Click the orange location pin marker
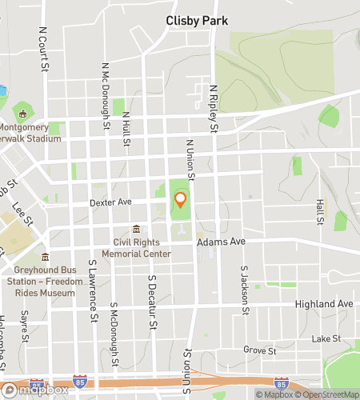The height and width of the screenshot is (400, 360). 180,199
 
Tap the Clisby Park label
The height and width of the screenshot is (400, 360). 197,20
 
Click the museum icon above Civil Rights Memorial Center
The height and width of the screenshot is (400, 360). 136,230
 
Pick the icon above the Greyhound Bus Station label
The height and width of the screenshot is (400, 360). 44,257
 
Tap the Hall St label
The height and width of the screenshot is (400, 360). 320,211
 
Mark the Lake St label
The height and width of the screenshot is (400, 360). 326,338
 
